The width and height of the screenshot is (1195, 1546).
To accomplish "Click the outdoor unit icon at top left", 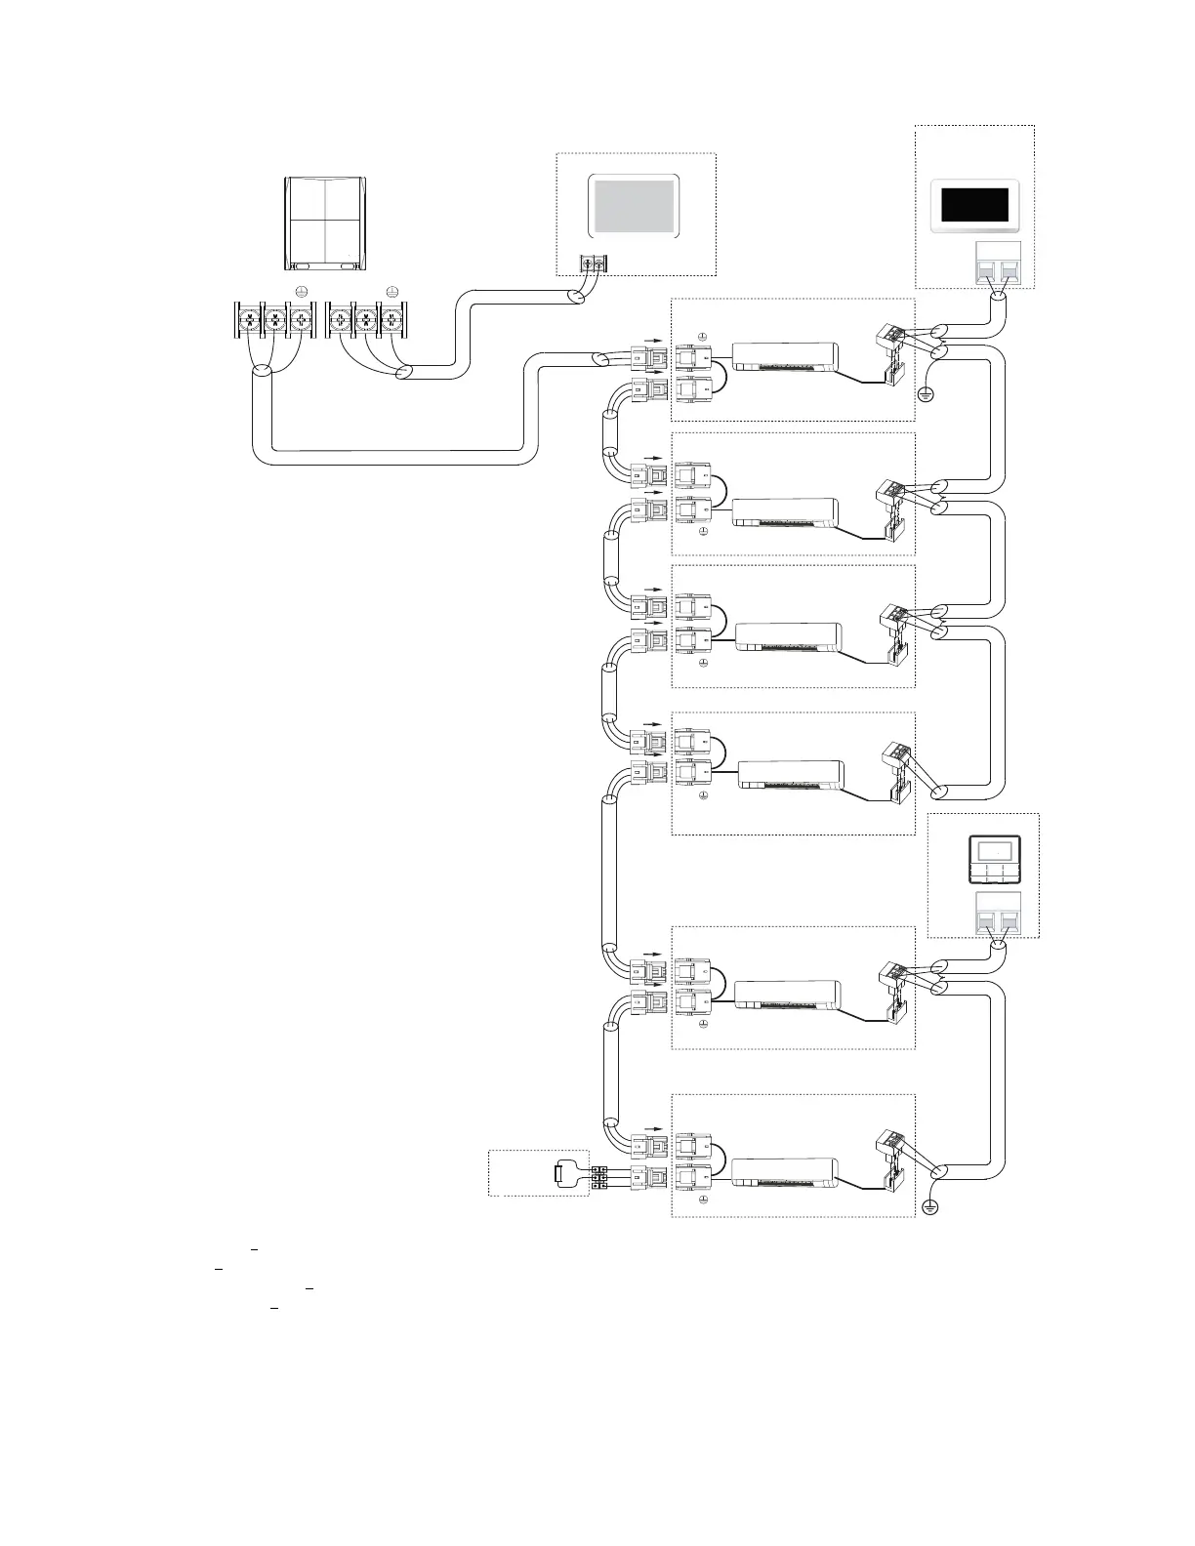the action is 326,223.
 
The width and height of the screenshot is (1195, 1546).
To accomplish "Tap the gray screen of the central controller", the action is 633,205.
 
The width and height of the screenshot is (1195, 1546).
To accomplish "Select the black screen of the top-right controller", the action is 973,205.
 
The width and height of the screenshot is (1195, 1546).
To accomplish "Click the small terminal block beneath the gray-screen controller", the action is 592,263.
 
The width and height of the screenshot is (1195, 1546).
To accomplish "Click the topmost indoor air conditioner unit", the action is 786,356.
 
